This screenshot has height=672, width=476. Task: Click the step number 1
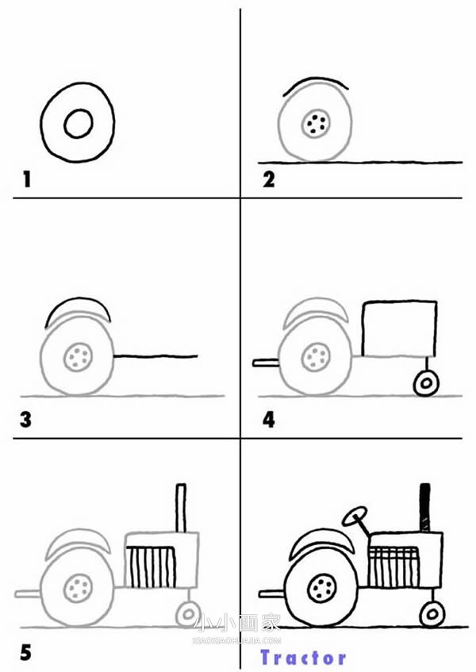[x=27, y=179]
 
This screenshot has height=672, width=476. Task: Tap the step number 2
[x=269, y=179]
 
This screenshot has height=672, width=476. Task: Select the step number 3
[x=25, y=420]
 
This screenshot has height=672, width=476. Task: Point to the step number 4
[x=269, y=420]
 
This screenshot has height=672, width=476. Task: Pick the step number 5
[x=25, y=653]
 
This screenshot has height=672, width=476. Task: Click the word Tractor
[x=303, y=658]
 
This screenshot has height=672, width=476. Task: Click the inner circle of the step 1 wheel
[x=79, y=124]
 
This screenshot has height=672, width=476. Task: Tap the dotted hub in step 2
[x=317, y=124]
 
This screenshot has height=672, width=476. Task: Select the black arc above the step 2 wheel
[x=316, y=79]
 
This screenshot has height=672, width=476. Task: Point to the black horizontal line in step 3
[x=155, y=355]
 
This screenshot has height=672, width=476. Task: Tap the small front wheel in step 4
[x=426, y=383]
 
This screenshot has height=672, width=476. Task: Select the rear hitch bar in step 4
[x=266, y=363]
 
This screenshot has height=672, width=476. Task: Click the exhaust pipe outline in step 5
[x=181, y=509]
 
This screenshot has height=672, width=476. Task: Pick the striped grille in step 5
[x=151, y=566]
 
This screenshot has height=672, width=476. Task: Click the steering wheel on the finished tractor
[x=355, y=516]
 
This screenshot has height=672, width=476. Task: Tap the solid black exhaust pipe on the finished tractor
[x=424, y=508]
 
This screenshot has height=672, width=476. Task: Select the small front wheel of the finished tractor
[x=432, y=614]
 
